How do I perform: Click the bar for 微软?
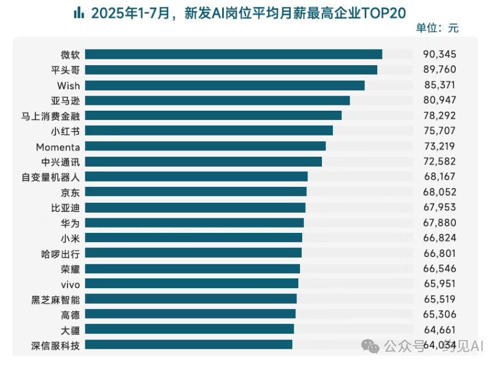pos(234,54)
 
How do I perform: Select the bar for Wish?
pos(225,85)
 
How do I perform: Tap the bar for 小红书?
pos(209,130)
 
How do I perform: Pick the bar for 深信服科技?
pos(189,345)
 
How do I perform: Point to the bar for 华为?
pos(194,222)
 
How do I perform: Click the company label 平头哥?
pos(65,70)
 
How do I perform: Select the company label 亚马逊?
pos(65,100)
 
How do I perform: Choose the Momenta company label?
pos(58,146)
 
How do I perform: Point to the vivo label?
pos(70,284)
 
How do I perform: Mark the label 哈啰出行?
pos(61,253)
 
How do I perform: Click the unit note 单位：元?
pos(437,28)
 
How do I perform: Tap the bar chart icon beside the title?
pos(78,12)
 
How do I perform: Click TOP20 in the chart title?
pos(383,12)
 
